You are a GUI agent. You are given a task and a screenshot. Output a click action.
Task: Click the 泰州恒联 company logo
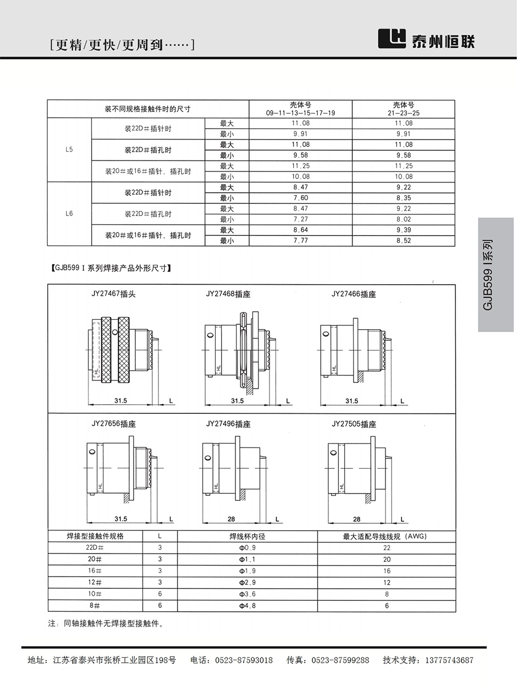click(x=427, y=40)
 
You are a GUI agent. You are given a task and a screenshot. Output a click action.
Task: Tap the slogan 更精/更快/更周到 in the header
click(x=122, y=45)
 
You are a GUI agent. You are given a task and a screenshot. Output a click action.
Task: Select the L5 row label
click(x=69, y=150)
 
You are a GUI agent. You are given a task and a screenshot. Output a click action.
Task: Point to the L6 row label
click(x=69, y=214)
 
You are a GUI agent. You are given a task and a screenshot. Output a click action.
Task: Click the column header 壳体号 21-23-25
click(x=403, y=108)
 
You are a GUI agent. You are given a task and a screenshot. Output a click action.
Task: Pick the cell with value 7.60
click(x=300, y=198)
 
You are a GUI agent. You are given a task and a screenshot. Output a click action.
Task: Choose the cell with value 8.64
click(x=300, y=230)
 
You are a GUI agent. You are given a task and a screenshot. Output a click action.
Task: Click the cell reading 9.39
click(x=404, y=230)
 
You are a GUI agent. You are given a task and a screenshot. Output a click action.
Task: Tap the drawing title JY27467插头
click(x=113, y=294)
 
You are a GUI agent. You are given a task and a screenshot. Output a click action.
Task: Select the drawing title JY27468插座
click(x=228, y=294)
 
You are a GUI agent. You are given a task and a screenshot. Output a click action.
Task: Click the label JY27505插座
click(x=354, y=424)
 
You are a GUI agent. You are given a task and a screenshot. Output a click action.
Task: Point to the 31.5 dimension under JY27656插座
click(x=121, y=519)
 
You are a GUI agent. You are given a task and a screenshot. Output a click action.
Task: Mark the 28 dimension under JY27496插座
click(x=231, y=519)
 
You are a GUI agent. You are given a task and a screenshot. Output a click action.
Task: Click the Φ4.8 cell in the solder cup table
click(x=247, y=606)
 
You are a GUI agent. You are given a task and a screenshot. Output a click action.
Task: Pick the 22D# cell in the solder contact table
click(x=95, y=547)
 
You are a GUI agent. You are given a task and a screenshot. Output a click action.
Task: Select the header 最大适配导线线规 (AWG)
click(x=385, y=536)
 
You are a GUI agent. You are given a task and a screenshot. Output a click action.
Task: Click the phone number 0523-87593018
click(x=244, y=660)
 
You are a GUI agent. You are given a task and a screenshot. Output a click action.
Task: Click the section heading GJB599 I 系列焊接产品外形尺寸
click(x=111, y=268)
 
